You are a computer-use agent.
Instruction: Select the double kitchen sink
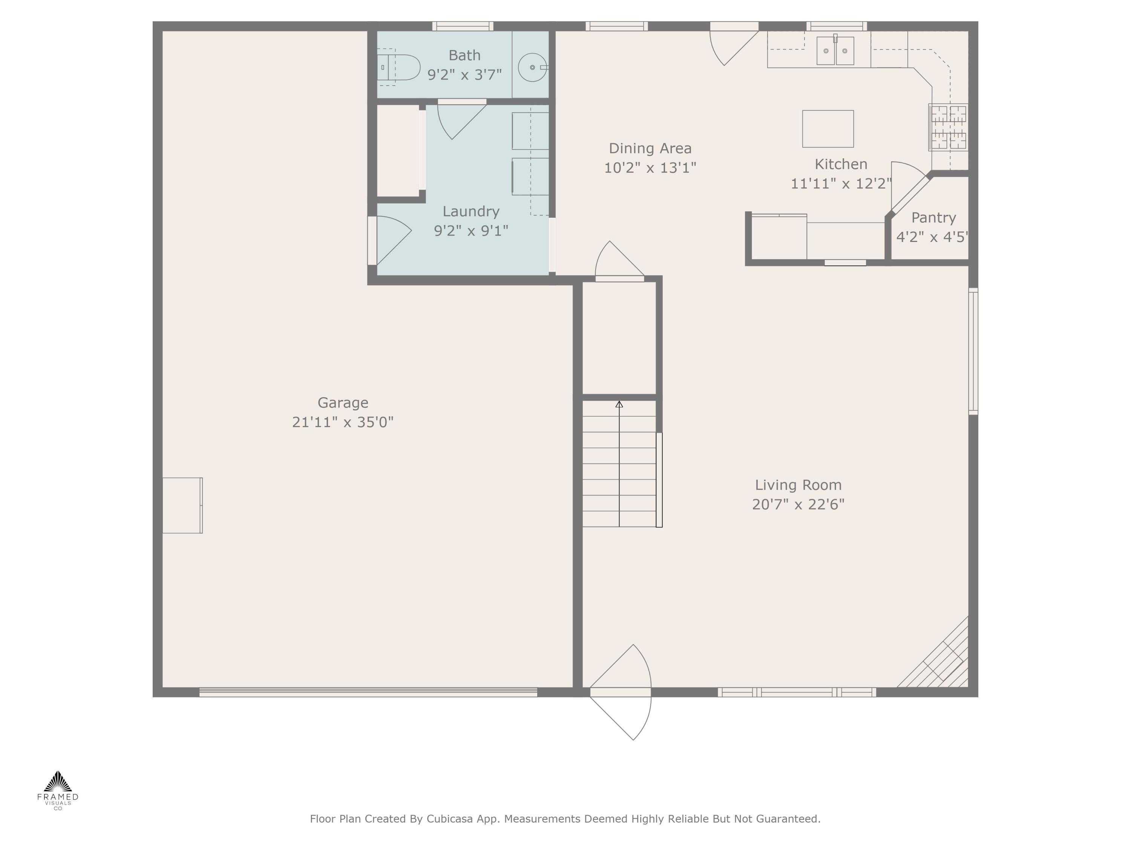(835, 51)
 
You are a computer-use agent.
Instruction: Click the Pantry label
(933, 218)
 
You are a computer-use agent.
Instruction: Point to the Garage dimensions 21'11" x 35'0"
(343, 422)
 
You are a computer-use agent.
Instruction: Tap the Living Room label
(798, 485)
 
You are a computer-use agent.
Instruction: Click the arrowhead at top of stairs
(619, 404)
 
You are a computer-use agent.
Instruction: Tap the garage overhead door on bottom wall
(368, 692)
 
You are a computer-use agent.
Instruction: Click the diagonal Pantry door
(910, 193)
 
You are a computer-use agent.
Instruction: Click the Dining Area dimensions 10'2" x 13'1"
(650, 168)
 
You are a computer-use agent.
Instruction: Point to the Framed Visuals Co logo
(58, 790)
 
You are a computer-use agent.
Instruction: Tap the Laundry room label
(470, 211)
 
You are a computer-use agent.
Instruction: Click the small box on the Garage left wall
(182, 505)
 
